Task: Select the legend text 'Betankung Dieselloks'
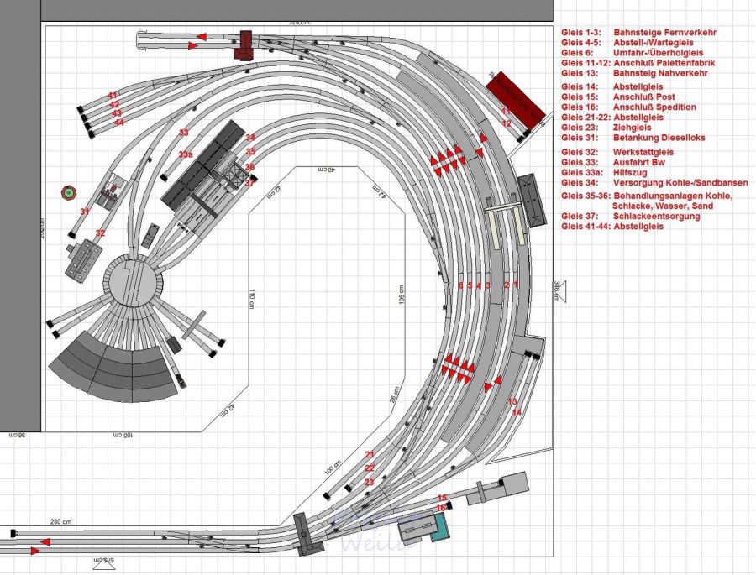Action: coord(659,138)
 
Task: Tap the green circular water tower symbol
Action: coord(67,193)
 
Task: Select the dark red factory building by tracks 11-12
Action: coord(516,98)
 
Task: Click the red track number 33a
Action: coord(186,155)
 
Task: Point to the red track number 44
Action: coord(118,123)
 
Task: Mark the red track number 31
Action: coord(84,212)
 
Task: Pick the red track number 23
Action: coord(369,482)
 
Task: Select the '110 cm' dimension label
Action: coord(251,299)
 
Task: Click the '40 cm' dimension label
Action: coord(326,170)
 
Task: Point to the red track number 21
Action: coord(369,454)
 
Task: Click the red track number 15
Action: coord(442,499)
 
